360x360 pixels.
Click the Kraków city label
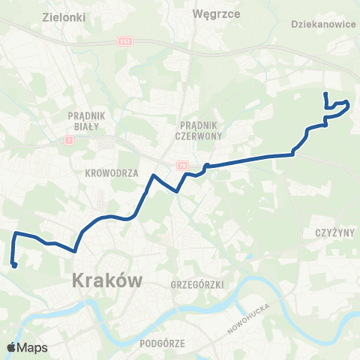tap(107, 281)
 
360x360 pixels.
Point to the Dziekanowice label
tap(321, 23)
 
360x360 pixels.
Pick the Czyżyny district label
tap(330, 233)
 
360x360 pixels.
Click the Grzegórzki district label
tap(193, 285)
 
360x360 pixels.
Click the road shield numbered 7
tap(70, 139)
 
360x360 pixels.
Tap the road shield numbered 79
tap(182, 164)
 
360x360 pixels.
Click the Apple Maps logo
tap(27, 347)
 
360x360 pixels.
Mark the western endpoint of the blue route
tap(14, 264)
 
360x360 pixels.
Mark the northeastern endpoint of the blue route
tap(325, 94)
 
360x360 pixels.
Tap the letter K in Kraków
tap(78, 281)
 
